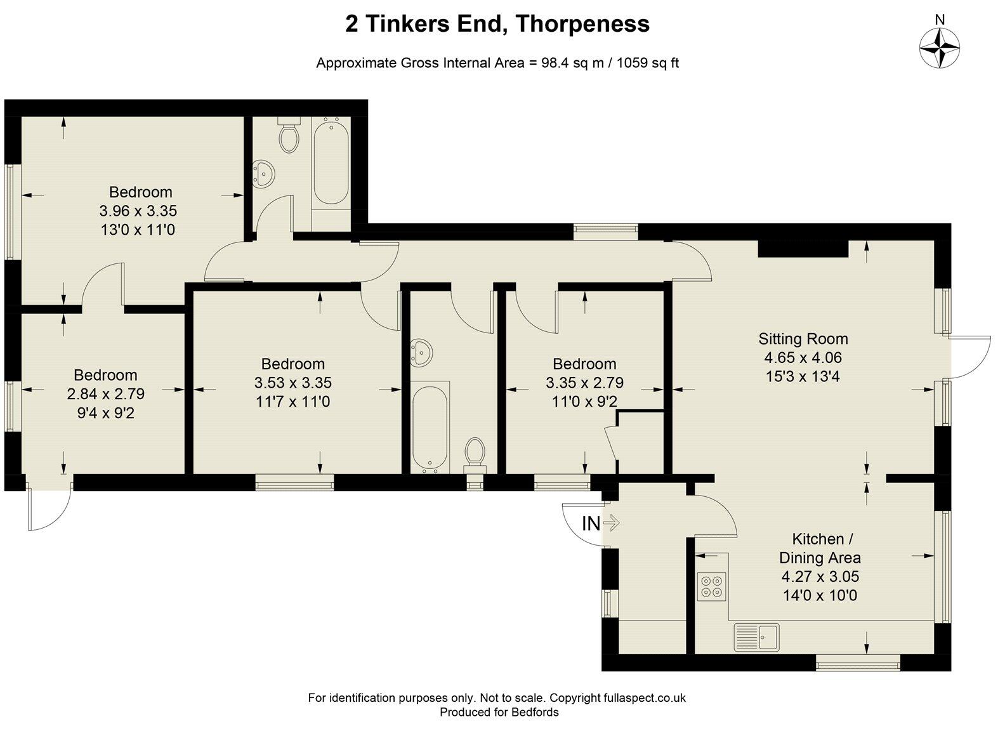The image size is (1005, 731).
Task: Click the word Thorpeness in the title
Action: click(x=582, y=23)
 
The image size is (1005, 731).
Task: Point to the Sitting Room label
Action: click(x=803, y=338)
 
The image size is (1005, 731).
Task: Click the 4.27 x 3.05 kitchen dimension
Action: click(x=820, y=576)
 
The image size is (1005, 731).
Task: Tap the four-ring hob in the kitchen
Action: click(x=712, y=586)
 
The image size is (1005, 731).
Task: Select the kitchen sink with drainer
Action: click(x=757, y=636)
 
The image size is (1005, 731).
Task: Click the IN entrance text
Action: click(x=591, y=524)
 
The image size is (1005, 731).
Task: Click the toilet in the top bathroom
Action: click(x=289, y=134)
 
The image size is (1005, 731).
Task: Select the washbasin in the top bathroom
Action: click(x=263, y=174)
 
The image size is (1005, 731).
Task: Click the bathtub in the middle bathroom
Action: click(x=430, y=430)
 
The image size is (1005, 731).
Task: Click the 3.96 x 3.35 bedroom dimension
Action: click(x=138, y=211)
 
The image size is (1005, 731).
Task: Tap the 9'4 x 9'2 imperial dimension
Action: click(x=105, y=413)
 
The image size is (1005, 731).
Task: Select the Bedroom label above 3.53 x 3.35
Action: click(x=293, y=364)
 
